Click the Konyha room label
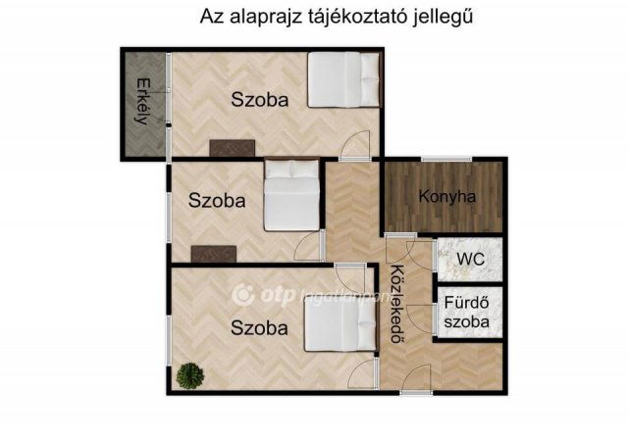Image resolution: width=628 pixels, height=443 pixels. tap(446, 196)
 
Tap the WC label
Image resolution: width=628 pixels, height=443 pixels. tap(469, 259)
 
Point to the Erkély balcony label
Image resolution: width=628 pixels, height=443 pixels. tap(143, 102)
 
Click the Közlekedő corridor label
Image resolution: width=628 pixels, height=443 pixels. tap(398, 305)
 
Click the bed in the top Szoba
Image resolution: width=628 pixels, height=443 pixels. tap(343, 77)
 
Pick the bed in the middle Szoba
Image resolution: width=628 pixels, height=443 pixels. tap(292, 195)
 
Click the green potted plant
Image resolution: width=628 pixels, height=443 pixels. tap(187, 374)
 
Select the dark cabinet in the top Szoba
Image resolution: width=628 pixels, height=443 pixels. tap(233, 148)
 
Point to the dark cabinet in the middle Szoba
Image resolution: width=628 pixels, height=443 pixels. tap(213, 253)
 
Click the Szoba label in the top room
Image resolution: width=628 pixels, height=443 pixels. tap(259, 99)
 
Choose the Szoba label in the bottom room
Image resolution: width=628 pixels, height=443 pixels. tap(259, 327)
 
